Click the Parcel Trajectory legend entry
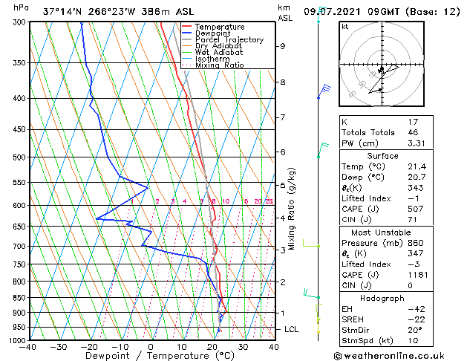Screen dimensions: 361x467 tap(229, 39)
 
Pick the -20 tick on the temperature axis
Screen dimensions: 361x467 tap(89, 346)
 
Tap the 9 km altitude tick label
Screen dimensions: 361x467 tap(283, 46)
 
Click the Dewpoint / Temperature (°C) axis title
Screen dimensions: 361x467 tap(151, 356)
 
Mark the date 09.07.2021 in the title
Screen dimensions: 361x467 tap(337, 12)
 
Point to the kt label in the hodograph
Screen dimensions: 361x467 tap(344, 27)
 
